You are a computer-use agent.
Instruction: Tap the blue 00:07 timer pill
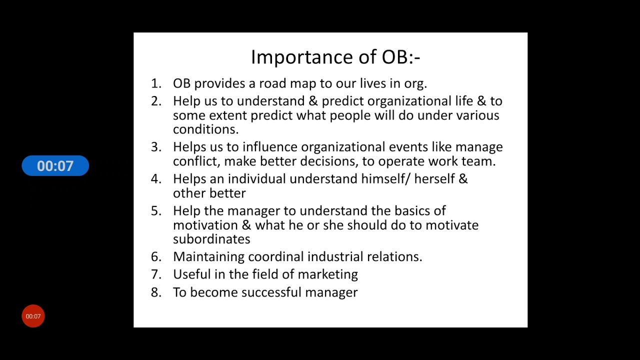click(55, 166)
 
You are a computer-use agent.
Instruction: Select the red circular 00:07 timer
click(33, 316)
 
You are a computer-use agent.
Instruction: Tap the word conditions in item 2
click(205, 129)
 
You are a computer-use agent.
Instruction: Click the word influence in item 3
click(270, 147)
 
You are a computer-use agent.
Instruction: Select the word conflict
click(196, 161)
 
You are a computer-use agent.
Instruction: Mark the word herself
click(434, 179)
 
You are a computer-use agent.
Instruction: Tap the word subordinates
click(211, 239)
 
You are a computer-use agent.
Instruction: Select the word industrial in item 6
click(335, 256)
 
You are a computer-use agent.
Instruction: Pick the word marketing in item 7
click(327, 274)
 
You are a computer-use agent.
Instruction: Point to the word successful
click(271, 292)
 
